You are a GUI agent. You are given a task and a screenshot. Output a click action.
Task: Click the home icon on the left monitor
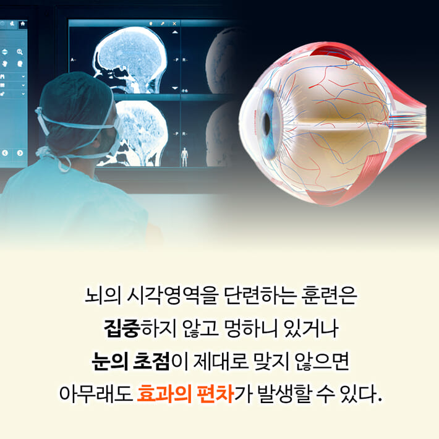click(23, 24)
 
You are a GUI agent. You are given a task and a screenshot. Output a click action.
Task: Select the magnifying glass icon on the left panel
click(20, 53)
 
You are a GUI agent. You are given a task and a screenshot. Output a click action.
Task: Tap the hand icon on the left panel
click(4, 64)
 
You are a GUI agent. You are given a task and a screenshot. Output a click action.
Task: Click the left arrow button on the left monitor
click(6, 153)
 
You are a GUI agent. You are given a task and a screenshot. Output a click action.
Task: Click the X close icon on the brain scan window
click(174, 24)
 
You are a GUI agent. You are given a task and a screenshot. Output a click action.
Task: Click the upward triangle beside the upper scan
click(174, 32)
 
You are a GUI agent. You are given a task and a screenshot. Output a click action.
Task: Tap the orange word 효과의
click(161, 394)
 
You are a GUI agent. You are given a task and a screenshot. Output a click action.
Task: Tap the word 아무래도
click(95, 394)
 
